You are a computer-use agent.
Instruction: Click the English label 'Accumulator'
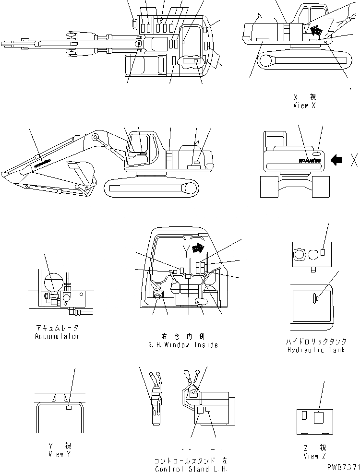click(57, 336)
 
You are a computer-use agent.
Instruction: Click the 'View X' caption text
click(304, 106)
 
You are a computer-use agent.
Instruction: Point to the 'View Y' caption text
click(60, 454)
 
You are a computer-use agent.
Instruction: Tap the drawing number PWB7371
click(344, 466)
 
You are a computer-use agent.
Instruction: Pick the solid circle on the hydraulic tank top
click(300, 254)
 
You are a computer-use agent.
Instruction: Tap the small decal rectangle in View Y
click(69, 407)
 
